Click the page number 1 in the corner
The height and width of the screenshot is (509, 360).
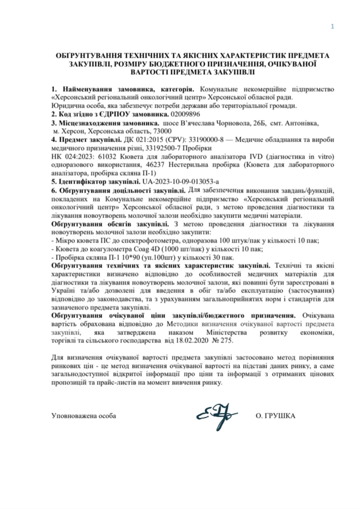332,27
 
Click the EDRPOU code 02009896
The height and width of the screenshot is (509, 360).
185,114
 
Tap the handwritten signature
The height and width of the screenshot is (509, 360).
216,416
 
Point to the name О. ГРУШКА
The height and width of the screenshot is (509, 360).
275,416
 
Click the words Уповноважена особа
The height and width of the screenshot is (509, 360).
84,416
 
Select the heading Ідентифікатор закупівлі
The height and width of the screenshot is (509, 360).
99,182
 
